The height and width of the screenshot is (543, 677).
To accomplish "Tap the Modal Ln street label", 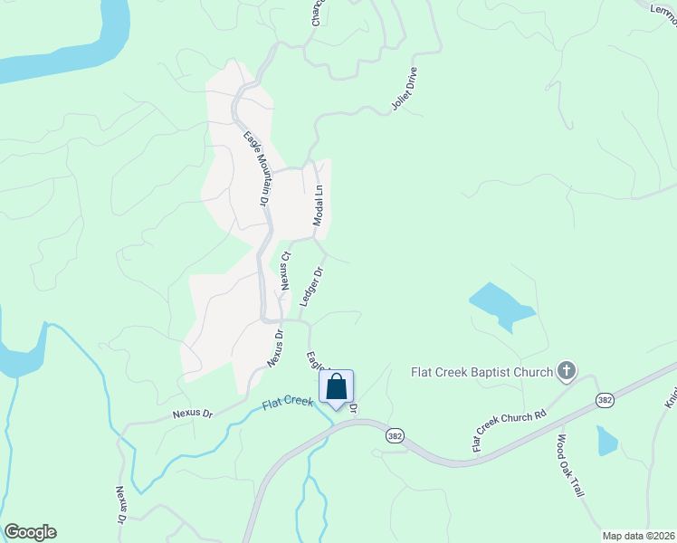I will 318,206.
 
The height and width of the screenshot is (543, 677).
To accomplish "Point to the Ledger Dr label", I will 311,286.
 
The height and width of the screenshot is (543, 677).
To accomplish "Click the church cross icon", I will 567,369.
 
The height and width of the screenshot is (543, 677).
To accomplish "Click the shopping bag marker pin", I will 336,387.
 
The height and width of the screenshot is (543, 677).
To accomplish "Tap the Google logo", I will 29,532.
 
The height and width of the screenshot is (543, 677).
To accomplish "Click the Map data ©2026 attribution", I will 637,536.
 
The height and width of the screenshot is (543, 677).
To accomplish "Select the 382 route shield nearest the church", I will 605,399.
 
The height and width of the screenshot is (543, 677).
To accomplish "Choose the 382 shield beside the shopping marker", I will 393,435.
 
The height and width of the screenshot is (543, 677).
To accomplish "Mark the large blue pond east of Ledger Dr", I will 500,306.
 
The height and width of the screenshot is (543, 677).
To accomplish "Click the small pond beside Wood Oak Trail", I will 605,441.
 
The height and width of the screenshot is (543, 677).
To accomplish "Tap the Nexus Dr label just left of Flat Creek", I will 193,414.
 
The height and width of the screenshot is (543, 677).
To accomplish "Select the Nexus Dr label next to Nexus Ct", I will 275,347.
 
